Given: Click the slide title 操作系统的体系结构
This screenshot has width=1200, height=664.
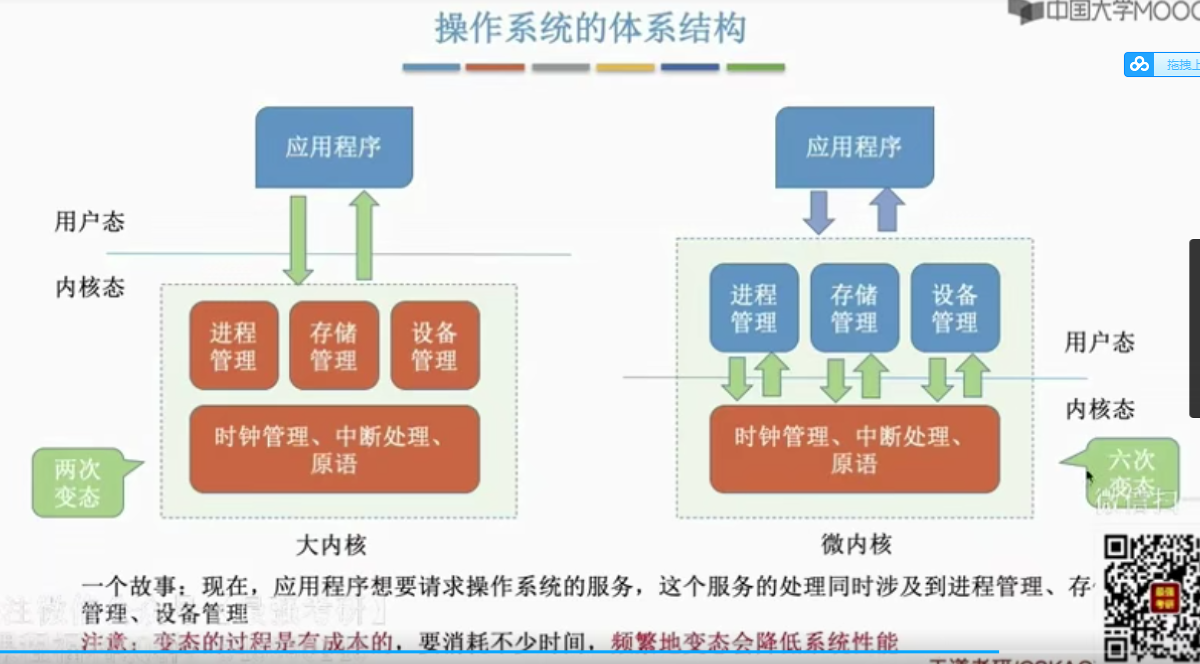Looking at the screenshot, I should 590,28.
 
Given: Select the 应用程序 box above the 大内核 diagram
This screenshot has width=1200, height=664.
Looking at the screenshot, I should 334,147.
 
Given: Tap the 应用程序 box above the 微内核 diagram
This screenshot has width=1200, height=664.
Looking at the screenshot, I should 854,147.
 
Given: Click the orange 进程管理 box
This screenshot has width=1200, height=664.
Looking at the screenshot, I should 233,346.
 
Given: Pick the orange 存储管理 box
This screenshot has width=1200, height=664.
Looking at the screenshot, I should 334,346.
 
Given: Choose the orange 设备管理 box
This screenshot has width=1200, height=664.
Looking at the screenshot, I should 435,346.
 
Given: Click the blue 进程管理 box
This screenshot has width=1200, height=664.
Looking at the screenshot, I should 753,308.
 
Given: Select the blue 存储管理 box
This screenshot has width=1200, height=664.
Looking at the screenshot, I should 854,308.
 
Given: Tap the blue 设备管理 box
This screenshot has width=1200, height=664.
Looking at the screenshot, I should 955,308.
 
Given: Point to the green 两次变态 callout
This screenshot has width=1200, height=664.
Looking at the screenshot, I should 78,483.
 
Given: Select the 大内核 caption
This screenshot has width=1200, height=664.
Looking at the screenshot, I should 331,545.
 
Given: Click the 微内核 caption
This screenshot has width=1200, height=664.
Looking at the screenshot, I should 856,544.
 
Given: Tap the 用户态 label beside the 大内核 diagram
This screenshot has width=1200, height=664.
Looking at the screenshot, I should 90,222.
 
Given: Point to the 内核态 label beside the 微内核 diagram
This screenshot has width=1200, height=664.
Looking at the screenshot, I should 1100,409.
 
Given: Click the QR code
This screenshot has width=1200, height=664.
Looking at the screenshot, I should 1151,598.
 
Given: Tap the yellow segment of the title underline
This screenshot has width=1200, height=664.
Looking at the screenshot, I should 625,67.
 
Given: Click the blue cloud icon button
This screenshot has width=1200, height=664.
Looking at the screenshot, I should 1140,64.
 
